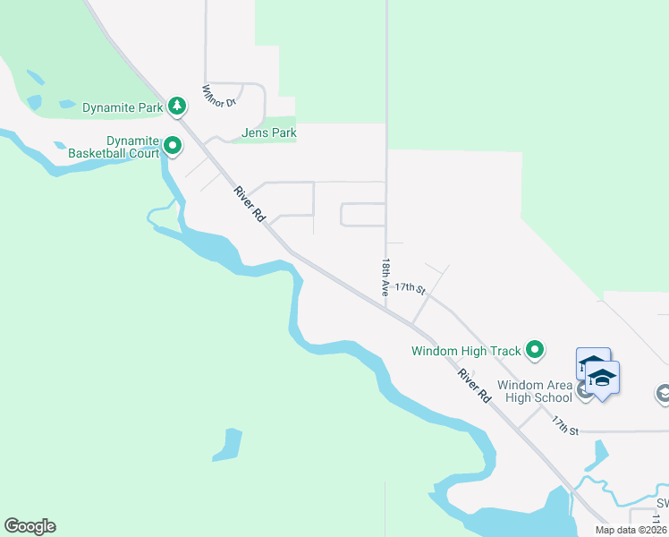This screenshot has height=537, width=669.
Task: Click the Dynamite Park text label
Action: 123,107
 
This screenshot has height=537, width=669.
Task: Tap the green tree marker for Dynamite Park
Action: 178,107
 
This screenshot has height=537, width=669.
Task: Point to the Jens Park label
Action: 268,133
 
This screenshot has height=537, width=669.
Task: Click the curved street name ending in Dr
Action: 218,96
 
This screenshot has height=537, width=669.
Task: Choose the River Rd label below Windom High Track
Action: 474,385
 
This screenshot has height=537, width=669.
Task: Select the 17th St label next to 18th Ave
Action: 409,287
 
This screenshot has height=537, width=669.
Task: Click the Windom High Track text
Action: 467,351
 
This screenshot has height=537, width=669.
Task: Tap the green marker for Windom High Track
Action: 535,350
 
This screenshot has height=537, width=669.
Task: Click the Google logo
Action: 30,526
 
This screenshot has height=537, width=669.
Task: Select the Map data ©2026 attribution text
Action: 631,530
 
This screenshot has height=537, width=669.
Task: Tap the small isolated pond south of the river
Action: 228,445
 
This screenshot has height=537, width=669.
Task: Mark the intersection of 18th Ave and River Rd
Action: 386,310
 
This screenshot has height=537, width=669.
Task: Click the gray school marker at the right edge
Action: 663,393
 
